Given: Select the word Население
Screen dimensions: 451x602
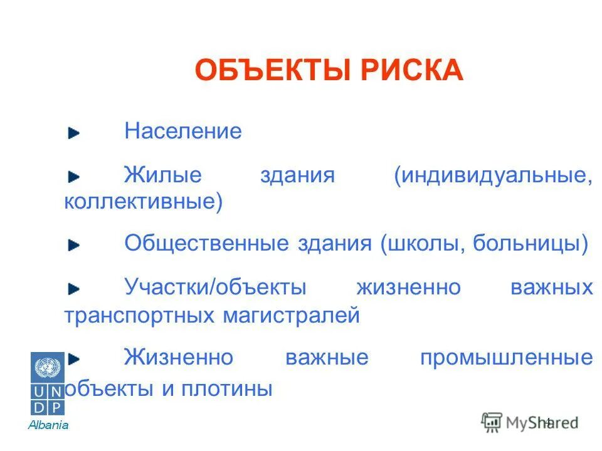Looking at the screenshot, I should coord(182,132).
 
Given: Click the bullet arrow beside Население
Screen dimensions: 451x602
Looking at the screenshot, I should coord(75,133).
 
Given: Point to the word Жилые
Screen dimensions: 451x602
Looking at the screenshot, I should coord(163,175).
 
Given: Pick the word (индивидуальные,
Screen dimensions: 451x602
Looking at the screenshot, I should coord(493,175).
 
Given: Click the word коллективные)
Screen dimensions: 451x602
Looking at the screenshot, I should coord(143,202).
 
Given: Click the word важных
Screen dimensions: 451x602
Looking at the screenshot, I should coord(551,288).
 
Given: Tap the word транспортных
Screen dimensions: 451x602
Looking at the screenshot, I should coord(139,314).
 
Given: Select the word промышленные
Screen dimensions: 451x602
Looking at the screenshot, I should coord(506,358).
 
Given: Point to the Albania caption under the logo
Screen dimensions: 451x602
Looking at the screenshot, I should coord(48,425).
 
